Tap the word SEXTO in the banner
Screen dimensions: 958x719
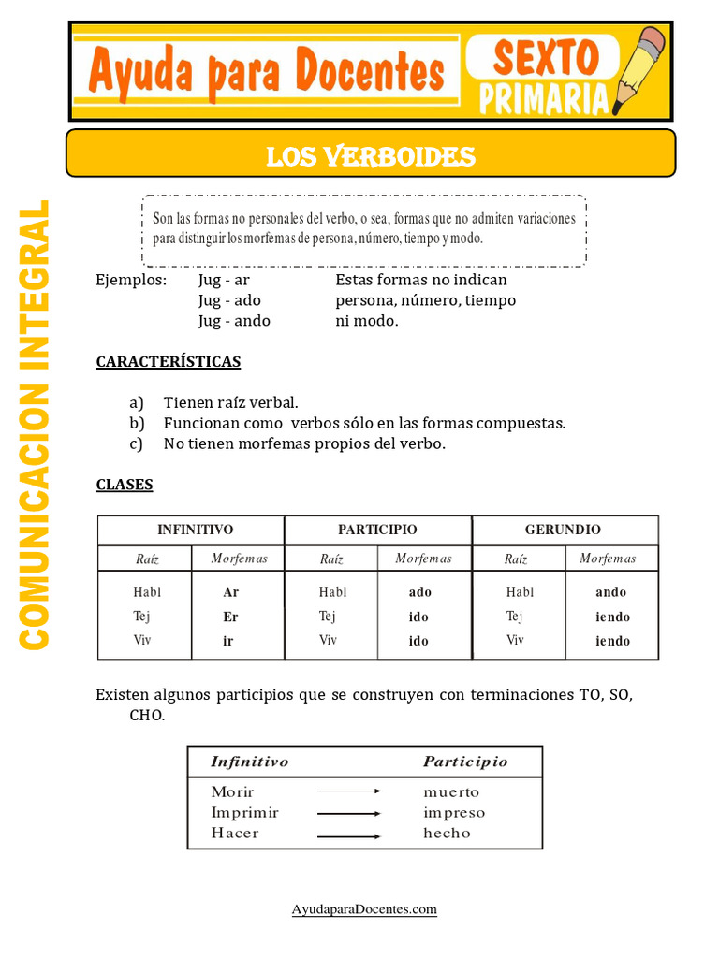pos(546,58)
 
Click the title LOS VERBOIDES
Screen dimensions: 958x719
pos(371,156)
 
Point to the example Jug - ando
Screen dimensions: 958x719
pos(234,321)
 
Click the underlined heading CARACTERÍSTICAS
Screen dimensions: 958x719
pos(169,361)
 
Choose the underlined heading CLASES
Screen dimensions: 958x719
pos(125,485)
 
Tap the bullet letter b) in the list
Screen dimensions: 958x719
pos(137,423)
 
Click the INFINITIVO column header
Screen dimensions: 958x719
pos(195,530)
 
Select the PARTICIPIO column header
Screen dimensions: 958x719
pos(377,530)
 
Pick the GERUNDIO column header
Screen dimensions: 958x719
pos(563,530)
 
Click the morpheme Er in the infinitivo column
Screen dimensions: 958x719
pos(231,617)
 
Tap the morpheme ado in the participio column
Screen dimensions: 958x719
pos(420,592)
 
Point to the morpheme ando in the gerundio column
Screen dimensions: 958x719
pos(611,592)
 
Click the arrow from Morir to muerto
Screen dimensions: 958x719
pos(349,791)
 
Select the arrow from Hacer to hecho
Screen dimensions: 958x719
pos(349,835)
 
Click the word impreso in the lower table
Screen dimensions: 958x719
pos(454,813)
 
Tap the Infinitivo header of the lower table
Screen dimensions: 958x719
pos(250,762)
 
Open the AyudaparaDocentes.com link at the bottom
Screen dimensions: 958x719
pos(364,909)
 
